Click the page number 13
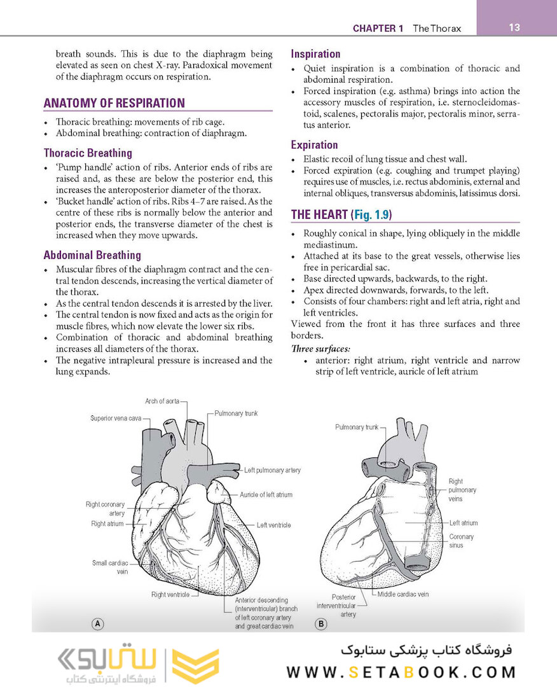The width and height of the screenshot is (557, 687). pyautogui.click(x=514, y=27)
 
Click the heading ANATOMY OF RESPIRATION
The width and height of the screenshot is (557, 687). pyautogui.click(x=114, y=103)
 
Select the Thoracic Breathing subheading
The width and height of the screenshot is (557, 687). pyautogui.click(x=88, y=153)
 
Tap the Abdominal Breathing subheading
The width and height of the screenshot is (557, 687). pyautogui.click(x=92, y=255)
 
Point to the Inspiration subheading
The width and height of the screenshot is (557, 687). pyautogui.click(x=315, y=54)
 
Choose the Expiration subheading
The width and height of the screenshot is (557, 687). pyautogui.click(x=314, y=144)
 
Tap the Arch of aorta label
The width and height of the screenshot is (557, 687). pyautogui.click(x=162, y=401)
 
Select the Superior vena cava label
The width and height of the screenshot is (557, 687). pyautogui.click(x=115, y=418)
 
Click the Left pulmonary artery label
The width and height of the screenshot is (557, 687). pyautogui.click(x=272, y=470)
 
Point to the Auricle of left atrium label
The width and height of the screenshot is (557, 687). pyautogui.click(x=266, y=494)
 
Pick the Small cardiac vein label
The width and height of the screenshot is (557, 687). pyautogui.click(x=110, y=567)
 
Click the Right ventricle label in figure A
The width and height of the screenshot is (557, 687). pyautogui.click(x=170, y=595)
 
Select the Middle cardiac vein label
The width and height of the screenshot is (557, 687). pyautogui.click(x=402, y=594)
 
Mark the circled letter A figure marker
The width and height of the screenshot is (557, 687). pyautogui.click(x=98, y=624)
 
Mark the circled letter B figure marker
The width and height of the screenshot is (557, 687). pyautogui.click(x=321, y=624)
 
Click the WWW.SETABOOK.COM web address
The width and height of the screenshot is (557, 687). pyautogui.click(x=401, y=672)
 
